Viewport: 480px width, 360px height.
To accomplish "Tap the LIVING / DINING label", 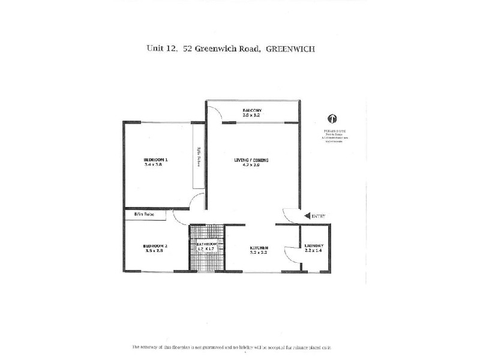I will pyautogui.click(x=251, y=160).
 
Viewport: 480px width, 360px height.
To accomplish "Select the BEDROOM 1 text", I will pyautogui.click(x=155, y=159).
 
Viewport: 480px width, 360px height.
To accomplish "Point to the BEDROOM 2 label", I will pyautogui.click(x=155, y=246).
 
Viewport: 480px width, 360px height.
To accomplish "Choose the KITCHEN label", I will pyautogui.click(x=259, y=248).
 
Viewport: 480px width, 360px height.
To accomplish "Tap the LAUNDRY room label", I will pyautogui.click(x=314, y=246).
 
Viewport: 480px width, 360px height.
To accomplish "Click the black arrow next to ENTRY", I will pyautogui.click(x=307, y=215).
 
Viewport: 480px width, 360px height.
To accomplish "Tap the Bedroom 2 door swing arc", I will pyautogui.click(x=181, y=217).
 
